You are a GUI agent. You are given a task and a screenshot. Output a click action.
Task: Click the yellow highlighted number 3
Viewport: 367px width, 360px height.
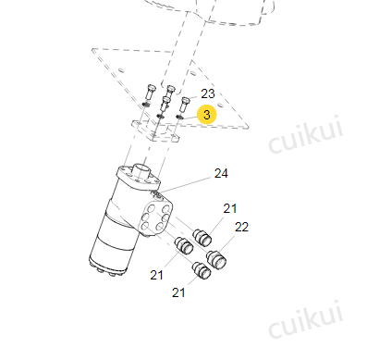pyautogui.click(x=207, y=115)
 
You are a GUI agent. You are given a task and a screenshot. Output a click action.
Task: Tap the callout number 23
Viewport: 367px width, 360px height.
pyautogui.click(x=208, y=93)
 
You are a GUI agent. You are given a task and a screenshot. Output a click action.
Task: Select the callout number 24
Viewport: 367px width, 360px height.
pyautogui.click(x=221, y=174)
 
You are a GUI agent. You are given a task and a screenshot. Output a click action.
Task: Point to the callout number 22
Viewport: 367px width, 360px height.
pyautogui.click(x=241, y=228)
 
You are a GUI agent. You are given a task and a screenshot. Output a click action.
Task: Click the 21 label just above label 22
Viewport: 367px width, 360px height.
pyautogui.click(x=230, y=209)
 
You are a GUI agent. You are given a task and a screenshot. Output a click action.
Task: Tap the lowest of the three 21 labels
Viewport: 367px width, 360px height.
pyautogui.click(x=178, y=292)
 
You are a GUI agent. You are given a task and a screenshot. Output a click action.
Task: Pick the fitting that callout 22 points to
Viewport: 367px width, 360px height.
pyautogui.click(x=216, y=260)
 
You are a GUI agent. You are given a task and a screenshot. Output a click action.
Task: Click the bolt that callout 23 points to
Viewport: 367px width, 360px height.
pyautogui.click(x=185, y=105)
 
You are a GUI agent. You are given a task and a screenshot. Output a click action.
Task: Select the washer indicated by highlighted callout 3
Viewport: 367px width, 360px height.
pyautogui.click(x=179, y=117)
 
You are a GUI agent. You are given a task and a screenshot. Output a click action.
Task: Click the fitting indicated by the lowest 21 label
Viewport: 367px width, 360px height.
pyautogui.click(x=202, y=270)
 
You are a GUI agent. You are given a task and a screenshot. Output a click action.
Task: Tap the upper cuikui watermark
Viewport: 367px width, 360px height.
pyautogui.click(x=306, y=135)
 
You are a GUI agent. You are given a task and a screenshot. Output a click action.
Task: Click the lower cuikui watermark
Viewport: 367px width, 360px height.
pyautogui.click(x=306, y=319)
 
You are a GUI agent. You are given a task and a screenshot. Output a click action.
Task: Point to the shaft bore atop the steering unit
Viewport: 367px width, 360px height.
pyautogui.click(x=142, y=168)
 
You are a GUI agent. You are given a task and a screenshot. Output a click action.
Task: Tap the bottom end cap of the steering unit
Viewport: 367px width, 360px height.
pyautogui.click(x=107, y=267)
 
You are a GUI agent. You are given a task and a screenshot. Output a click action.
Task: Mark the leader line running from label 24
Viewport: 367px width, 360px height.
pyautogui.click(x=186, y=186)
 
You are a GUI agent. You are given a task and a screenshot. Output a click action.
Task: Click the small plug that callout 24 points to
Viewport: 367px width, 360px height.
pyautogui.click(x=157, y=194)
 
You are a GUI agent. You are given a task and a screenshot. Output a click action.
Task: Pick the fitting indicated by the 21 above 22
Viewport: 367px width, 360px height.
pyautogui.click(x=202, y=237)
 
